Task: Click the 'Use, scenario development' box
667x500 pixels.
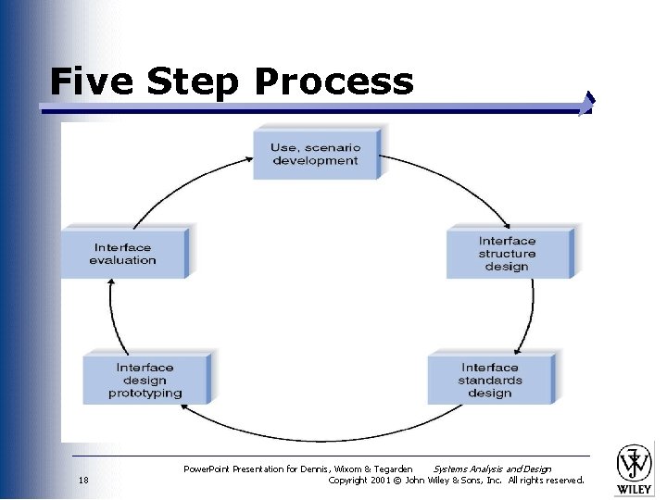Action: click(x=315, y=154)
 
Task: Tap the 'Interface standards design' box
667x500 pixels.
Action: click(x=490, y=380)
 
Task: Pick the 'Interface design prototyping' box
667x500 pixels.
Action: click(x=145, y=380)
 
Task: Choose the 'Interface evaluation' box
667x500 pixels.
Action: click(x=123, y=253)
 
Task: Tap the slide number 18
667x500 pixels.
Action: click(x=83, y=481)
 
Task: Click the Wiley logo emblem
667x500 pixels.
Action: click(x=635, y=462)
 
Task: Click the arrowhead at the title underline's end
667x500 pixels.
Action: click(x=586, y=105)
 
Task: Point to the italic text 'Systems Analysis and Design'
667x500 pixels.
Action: click(x=492, y=469)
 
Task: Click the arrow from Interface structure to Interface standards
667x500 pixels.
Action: click(x=533, y=315)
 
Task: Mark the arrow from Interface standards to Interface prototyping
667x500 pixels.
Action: click(x=315, y=438)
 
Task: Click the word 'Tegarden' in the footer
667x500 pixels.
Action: click(x=391, y=469)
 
